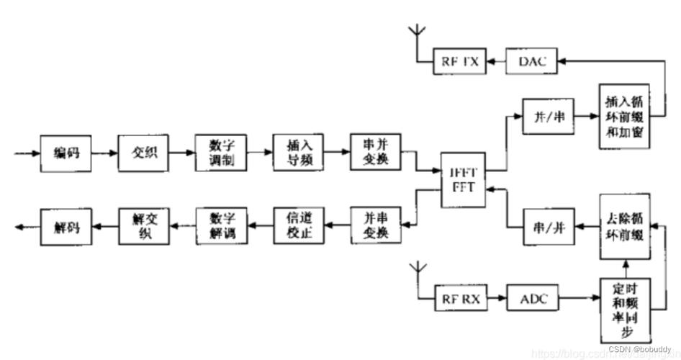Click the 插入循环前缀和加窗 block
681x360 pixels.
click(x=625, y=117)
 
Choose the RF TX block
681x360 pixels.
click(x=459, y=62)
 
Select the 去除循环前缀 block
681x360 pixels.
click(x=625, y=227)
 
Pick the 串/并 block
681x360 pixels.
click(x=549, y=227)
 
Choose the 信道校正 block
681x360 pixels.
click(x=298, y=226)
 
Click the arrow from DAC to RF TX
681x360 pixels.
click(x=495, y=63)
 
